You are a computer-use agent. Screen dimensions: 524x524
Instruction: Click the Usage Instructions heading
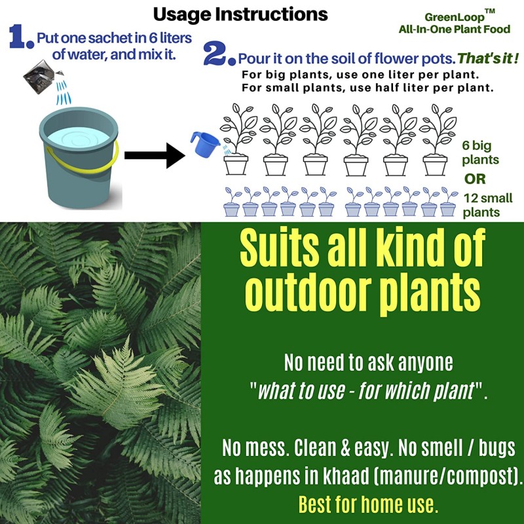240,15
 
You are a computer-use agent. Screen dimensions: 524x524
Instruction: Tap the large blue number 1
22,37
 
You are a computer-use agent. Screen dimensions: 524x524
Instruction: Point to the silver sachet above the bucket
39,77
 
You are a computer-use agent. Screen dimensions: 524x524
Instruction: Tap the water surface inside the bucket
79,138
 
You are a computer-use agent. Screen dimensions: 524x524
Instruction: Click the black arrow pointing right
155,155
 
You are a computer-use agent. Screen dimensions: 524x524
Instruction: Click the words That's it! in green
488,58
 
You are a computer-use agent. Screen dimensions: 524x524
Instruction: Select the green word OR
475,179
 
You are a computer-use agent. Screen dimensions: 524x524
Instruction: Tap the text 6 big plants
480,153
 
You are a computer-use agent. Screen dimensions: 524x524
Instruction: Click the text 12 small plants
488,205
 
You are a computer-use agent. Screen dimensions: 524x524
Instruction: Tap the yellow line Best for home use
368,504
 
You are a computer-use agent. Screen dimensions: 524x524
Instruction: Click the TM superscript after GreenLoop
489,12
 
